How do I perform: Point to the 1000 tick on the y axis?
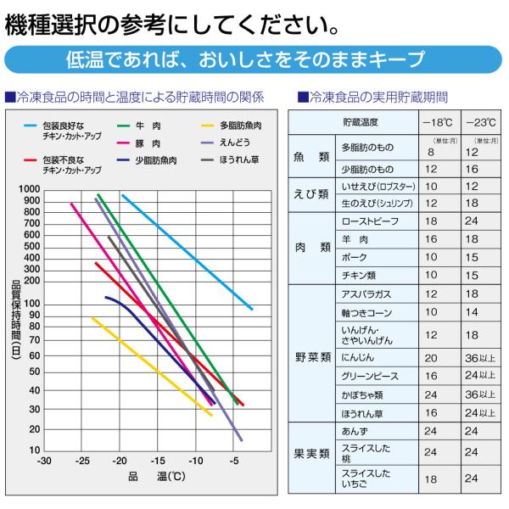[29, 189]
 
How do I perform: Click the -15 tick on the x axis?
[158, 461]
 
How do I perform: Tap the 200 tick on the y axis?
[32, 281]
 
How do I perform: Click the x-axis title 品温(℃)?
[157, 476]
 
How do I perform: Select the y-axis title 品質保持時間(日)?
[16, 320]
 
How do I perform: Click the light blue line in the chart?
[187, 252]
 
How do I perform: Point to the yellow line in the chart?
[152, 366]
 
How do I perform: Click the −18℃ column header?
[438, 123]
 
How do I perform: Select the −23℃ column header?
[481, 123]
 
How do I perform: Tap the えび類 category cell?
[311, 194]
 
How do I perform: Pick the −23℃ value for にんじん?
[480, 358]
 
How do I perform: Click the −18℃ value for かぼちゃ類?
[431, 394]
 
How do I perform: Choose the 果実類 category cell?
[311, 454]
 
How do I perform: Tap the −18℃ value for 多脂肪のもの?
[431, 152]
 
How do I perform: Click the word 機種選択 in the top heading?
[51, 25]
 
